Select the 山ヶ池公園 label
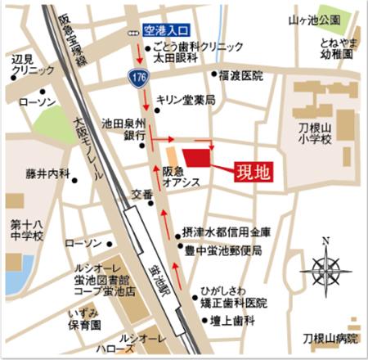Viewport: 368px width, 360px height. pyautogui.click(x=318, y=18)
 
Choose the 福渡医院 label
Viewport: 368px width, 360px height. pyautogui.click(x=242, y=75)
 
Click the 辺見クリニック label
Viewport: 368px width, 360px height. pyautogui.click(x=23, y=67)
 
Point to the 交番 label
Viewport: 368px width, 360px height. pyautogui.click(x=142, y=195)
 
